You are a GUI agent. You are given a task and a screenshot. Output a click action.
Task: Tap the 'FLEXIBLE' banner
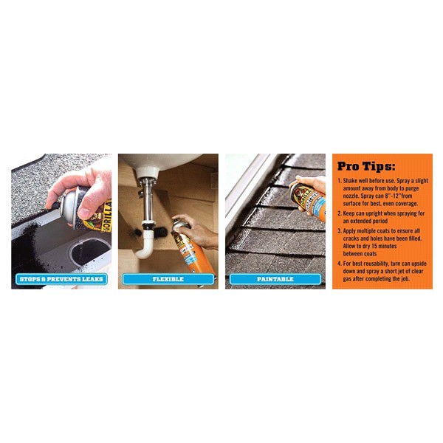[x=168, y=279]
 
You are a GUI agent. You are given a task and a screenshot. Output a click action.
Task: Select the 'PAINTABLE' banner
[x=275, y=279]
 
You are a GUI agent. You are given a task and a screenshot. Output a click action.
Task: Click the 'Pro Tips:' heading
[x=365, y=166]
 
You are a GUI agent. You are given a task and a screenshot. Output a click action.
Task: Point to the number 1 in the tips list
[x=338, y=179]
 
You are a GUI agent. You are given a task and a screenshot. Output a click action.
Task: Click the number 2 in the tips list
[x=338, y=212]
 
